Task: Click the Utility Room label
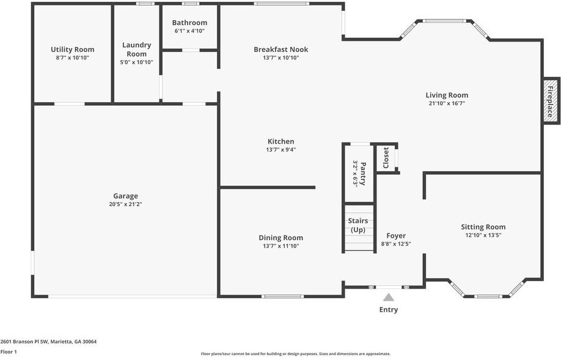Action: [x=72, y=50]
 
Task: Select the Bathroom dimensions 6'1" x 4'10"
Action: [x=189, y=31]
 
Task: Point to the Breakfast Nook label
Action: [x=280, y=50]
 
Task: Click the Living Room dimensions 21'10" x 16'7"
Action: [x=447, y=103]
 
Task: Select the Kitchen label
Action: [x=280, y=141]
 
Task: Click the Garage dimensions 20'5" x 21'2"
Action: [x=125, y=204]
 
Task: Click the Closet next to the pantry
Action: [x=386, y=158]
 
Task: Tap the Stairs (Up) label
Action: [x=358, y=225]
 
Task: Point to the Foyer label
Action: [x=396, y=235]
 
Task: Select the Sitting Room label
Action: [x=483, y=227]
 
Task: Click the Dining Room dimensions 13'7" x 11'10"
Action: [x=280, y=246]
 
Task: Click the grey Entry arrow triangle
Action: [x=388, y=297]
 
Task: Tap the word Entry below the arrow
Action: [x=388, y=310]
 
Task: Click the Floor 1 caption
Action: [x=9, y=351]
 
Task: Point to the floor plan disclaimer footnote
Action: [x=295, y=353]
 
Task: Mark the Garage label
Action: [x=125, y=196]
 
